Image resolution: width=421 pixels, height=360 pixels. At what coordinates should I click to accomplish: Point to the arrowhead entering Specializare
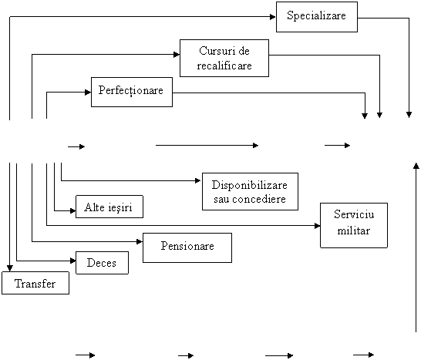point(273,17)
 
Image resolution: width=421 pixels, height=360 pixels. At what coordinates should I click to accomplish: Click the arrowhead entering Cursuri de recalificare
point(177,55)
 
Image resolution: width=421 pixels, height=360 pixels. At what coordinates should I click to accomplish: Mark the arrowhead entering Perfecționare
point(88,93)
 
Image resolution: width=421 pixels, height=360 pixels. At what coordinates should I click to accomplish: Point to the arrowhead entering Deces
point(72,261)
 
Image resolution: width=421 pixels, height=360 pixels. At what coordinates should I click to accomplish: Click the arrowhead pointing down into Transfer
point(10,268)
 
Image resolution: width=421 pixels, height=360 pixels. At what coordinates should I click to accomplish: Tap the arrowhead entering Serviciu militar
point(317,226)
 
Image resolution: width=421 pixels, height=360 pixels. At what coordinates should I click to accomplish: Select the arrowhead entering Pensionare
point(140,242)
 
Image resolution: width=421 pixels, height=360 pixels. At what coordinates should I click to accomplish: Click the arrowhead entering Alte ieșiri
point(72,210)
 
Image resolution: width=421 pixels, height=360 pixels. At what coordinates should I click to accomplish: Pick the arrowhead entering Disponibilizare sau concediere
point(198,180)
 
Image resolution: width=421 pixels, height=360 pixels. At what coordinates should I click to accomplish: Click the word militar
point(353,230)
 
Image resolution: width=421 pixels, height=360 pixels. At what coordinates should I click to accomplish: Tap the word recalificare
point(224,66)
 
